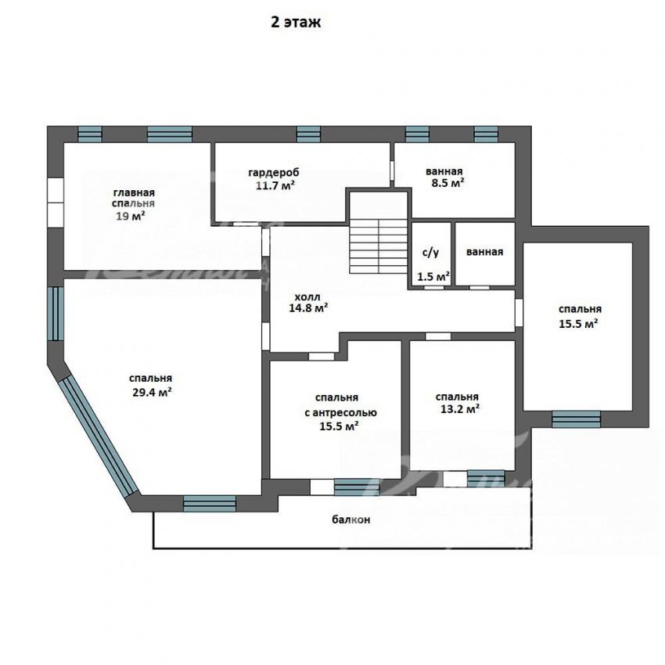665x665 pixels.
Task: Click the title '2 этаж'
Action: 296,22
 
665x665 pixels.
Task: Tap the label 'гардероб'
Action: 274,172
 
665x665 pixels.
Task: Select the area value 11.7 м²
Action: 275,185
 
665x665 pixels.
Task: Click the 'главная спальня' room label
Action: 133,198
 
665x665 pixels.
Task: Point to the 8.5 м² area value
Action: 445,184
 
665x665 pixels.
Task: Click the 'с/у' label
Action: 430,253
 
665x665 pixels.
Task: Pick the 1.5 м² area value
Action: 433,277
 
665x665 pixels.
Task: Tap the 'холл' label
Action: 307,297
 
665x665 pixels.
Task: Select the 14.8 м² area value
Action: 308,308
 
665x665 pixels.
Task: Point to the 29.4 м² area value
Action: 152,391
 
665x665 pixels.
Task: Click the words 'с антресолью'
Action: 340,412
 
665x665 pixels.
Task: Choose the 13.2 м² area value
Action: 460,409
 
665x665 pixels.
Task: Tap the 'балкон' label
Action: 350,519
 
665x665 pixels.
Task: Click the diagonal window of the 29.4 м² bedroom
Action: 98,437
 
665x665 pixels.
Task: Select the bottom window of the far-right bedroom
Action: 576,419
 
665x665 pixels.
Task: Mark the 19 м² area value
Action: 131,216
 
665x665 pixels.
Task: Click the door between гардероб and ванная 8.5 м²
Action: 392,171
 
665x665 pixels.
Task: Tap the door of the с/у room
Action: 434,288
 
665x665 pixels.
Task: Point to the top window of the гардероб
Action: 308,134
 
